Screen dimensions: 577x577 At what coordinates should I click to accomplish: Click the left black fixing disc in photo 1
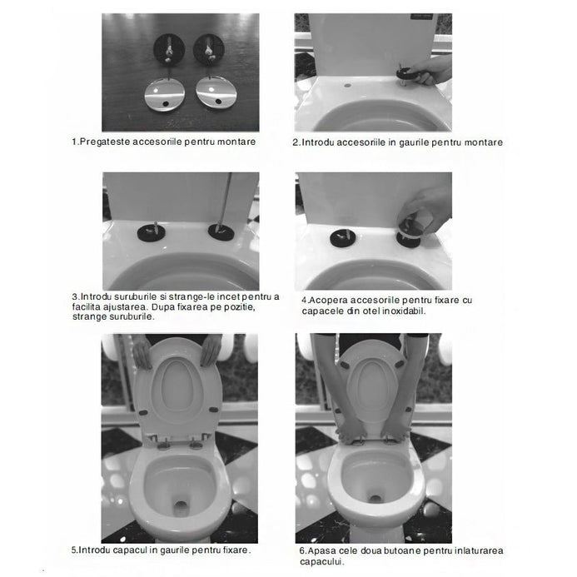pos(169,49)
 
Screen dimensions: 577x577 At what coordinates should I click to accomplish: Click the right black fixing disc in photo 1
pos(209,49)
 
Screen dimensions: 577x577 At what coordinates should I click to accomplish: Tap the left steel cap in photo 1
pos(165,94)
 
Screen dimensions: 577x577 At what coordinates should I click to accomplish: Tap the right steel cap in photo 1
pos(214,92)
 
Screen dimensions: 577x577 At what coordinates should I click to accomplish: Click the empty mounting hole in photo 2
pos(348,86)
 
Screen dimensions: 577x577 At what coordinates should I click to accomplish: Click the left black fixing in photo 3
pos(151,232)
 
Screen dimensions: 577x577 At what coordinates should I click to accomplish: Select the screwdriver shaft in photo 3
pos(225,201)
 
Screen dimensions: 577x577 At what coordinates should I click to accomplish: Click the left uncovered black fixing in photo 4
pos(343,238)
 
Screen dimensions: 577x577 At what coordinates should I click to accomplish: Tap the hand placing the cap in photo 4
pos(429,210)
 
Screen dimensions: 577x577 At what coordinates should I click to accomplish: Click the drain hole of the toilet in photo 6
pos(375,499)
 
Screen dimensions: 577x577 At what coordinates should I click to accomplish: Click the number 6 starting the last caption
pos(302,551)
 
